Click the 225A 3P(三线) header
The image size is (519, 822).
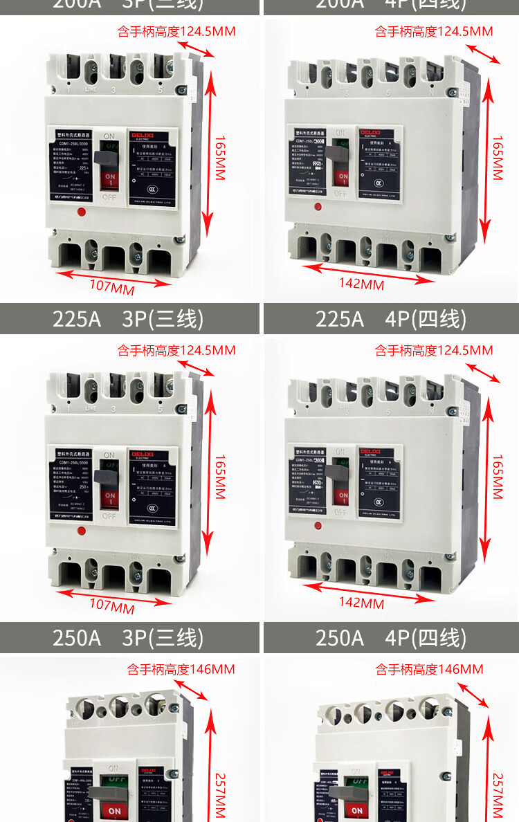[129, 319]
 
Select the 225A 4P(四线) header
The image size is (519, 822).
[391, 319]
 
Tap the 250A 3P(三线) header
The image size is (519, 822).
[129, 637]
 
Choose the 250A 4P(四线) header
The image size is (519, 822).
[391, 637]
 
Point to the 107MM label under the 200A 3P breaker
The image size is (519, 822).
[112, 286]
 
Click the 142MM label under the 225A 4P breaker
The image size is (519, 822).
[361, 603]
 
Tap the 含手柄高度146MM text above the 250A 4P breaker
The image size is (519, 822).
[429, 669]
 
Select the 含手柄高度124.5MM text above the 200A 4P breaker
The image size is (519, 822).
[434, 31]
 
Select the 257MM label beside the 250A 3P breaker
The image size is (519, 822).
[219, 796]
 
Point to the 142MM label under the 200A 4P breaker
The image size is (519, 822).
[361, 284]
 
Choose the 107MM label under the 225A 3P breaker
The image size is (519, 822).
[112, 606]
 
